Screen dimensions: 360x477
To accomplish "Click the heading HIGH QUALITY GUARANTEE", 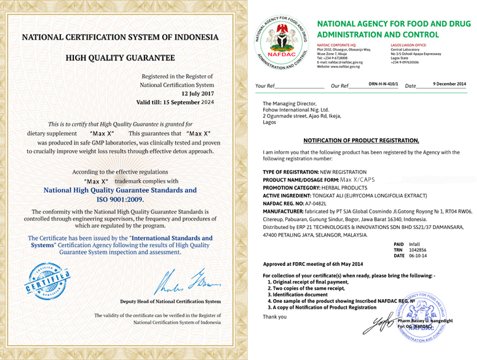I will (121, 58).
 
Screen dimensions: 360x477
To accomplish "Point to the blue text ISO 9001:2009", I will (120, 200).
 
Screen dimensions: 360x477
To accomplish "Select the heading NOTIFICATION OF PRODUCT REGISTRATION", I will (361, 140).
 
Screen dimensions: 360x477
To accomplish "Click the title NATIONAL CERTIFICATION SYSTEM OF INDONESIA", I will (121, 37).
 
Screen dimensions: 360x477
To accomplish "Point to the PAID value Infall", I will (415, 245).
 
